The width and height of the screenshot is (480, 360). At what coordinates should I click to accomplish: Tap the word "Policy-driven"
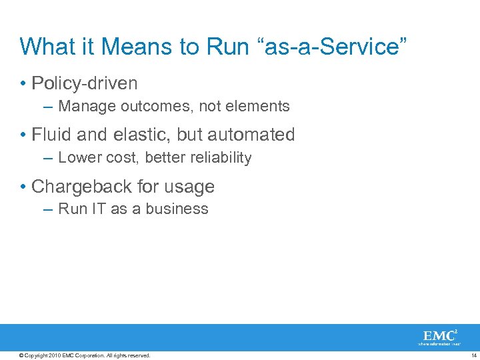[x=85, y=83]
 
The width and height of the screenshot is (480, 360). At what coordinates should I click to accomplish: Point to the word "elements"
[x=257, y=106]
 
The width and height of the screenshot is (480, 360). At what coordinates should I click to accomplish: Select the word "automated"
[x=251, y=135]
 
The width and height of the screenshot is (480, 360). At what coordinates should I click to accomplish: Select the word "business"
[x=177, y=209]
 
